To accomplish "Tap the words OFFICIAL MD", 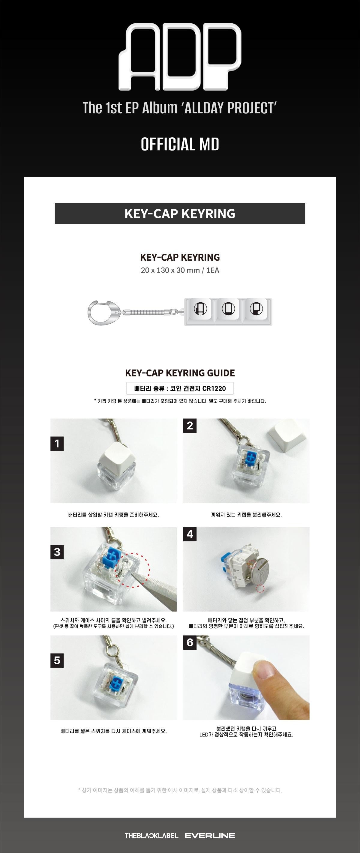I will pos(180,144).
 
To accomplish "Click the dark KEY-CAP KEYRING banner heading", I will pos(180,214).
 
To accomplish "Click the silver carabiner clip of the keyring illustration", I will pos(103,313).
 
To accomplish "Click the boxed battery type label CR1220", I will pos(180,388).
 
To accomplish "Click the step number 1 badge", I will pos(57,443).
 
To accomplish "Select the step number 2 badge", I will pos(190,426).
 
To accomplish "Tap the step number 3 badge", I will pos(57,552).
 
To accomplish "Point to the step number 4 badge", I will pos(190,534).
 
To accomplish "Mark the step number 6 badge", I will pos(190,642).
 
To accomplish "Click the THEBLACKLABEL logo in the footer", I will pos(151,835).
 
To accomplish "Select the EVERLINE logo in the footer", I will pos(210,835).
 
